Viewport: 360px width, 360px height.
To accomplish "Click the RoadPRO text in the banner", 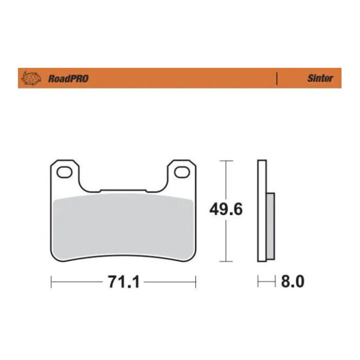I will (x=68, y=79).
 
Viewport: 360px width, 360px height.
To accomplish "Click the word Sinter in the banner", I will (x=320, y=79).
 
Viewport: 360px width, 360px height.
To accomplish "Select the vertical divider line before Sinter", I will (x=277, y=79).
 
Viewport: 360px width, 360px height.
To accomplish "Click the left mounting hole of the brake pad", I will (x=65, y=172).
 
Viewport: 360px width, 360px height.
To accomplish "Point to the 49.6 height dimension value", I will (x=226, y=209).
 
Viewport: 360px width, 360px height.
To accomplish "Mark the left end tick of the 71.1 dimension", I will (x=51, y=282).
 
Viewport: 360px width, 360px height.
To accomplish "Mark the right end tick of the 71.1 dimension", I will (x=195, y=282).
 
